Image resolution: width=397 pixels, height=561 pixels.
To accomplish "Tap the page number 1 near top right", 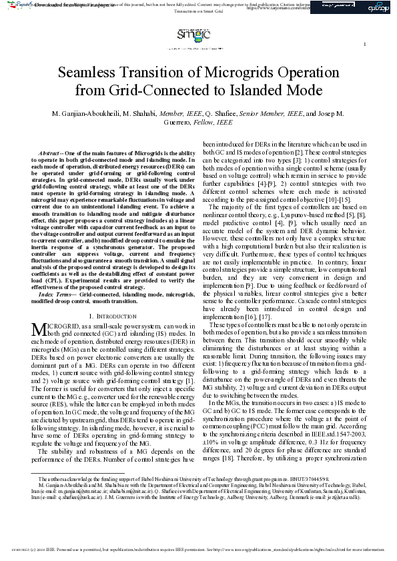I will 365,45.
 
